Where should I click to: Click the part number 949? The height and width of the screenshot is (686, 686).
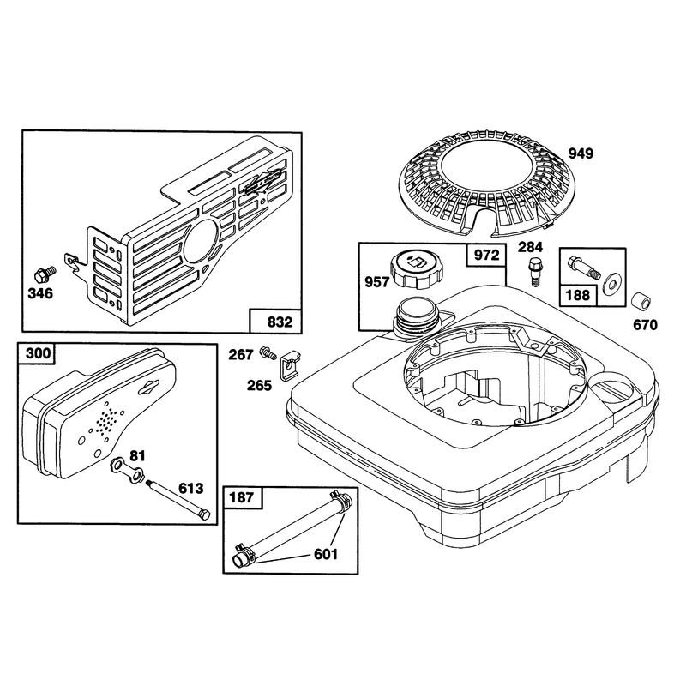(581, 153)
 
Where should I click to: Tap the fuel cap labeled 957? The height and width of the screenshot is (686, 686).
(413, 268)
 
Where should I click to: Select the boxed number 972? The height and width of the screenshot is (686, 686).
(486, 255)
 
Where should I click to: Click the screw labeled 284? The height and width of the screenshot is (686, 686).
(533, 271)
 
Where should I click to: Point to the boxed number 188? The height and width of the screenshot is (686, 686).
(578, 295)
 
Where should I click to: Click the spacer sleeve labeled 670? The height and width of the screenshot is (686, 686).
(641, 302)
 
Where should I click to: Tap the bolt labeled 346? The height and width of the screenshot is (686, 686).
(45, 275)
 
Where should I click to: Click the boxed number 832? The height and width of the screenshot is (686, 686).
(280, 322)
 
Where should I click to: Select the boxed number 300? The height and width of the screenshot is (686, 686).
(38, 353)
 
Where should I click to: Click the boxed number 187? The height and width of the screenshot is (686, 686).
(242, 497)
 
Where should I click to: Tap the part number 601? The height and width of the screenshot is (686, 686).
(326, 555)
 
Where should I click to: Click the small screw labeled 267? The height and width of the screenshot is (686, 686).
(268, 352)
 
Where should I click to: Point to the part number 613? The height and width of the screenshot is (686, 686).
(190, 488)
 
